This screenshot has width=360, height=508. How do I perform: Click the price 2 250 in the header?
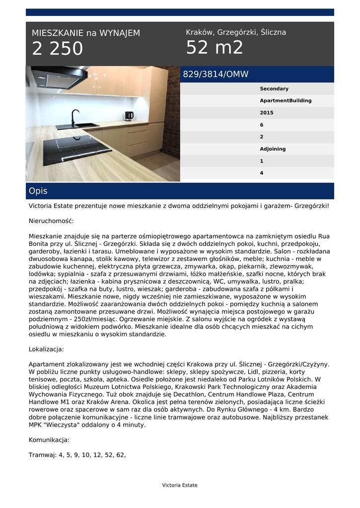coord(58,49)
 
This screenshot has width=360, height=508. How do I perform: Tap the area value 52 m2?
coord(215,48)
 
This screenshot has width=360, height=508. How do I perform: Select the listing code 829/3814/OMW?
coord(216,75)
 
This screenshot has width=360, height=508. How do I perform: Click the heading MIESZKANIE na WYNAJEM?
coord(86,33)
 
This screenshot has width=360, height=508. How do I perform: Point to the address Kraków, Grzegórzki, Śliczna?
coord(236,32)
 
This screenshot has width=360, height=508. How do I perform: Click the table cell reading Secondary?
coord(274,89)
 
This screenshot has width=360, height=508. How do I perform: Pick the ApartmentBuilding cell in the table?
coord(286,101)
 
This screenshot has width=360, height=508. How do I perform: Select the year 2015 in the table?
coord(267,113)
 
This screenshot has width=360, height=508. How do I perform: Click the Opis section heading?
coord(38,191)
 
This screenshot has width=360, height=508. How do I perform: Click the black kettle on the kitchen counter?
coord(129,116)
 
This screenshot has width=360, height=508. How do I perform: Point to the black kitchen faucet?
coord(74,117)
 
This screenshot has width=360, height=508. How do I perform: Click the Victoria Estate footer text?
coord(180,485)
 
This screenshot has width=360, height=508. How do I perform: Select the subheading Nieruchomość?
coord(51,221)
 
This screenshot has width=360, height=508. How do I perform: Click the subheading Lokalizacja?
coord(46,349)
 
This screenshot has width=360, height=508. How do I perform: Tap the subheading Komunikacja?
coord(49,440)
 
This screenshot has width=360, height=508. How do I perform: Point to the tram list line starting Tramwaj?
coord(77,454)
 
